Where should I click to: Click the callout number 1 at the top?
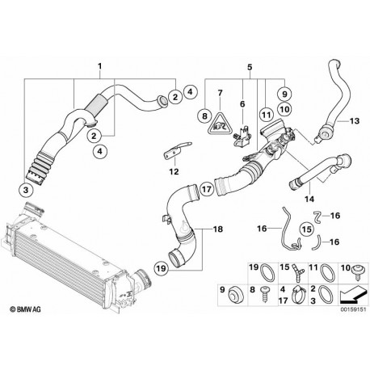pyautogui.click(x=99, y=66)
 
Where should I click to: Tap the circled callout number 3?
pyautogui.click(x=26, y=191)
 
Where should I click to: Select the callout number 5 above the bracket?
pyautogui.click(x=250, y=67)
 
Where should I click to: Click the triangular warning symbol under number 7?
pyautogui.click(x=220, y=124)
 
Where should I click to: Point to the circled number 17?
pyautogui.click(x=207, y=189)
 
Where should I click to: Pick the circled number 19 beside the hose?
pyautogui.click(x=161, y=268)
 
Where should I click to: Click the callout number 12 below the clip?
pyautogui.click(x=174, y=171)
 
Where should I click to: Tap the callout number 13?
pyautogui.click(x=355, y=121)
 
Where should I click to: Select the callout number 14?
pyautogui.click(x=309, y=199)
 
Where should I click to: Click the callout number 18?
pyautogui.click(x=218, y=229)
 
